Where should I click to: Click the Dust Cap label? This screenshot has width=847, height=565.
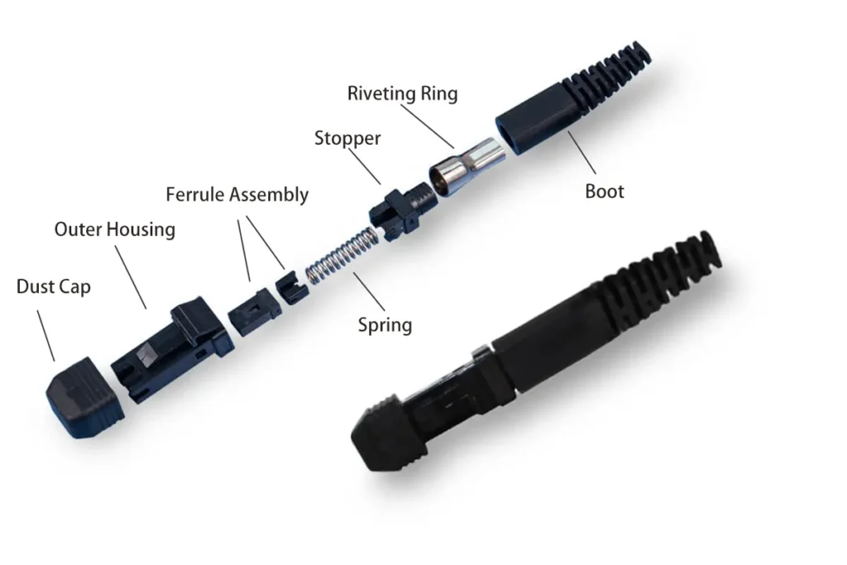(x=54, y=287)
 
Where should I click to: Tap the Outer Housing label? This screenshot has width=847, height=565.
(x=114, y=230)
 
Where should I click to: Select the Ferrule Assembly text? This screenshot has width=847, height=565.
(x=237, y=194)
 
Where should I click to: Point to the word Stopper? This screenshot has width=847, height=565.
(x=347, y=139)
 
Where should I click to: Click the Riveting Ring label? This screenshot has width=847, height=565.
(x=403, y=93)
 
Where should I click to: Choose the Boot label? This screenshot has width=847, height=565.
(x=605, y=191)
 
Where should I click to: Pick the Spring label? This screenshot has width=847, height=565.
(x=385, y=325)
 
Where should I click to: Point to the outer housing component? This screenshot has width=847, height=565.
(x=172, y=349)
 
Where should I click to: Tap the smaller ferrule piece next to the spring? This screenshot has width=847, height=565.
(x=291, y=288)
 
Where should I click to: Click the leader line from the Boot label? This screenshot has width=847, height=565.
(x=581, y=152)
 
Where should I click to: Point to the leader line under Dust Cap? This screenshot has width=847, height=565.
(x=45, y=335)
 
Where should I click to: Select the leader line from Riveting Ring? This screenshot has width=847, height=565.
(x=428, y=126)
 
